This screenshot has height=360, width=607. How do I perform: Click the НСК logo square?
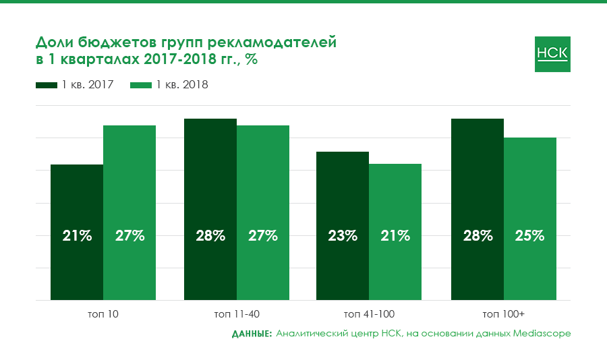[x=552, y=53]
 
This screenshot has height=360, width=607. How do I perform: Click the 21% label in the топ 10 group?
[x=77, y=236]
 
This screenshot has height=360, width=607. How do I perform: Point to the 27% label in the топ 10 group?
[x=129, y=236]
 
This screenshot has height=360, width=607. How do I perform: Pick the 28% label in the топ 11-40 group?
[x=210, y=236]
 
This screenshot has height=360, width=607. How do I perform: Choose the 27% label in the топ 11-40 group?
[x=263, y=236]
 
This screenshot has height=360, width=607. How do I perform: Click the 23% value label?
[x=343, y=236]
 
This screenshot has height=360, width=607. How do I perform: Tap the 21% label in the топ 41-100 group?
[x=395, y=236]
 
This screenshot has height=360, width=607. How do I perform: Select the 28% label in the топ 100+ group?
[x=478, y=236]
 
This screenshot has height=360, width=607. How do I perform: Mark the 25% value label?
[x=530, y=236]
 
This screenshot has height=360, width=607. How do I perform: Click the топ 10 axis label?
[x=103, y=314]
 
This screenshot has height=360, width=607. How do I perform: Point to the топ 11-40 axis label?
[x=237, y=314]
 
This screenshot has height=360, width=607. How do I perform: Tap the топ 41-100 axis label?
[x=369, y=314]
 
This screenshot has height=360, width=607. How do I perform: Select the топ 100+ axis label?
[x=504, y=314]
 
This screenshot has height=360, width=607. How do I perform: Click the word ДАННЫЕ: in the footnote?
[x=252, y=334]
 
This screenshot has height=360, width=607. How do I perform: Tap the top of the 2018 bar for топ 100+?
[x=530, y=138]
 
